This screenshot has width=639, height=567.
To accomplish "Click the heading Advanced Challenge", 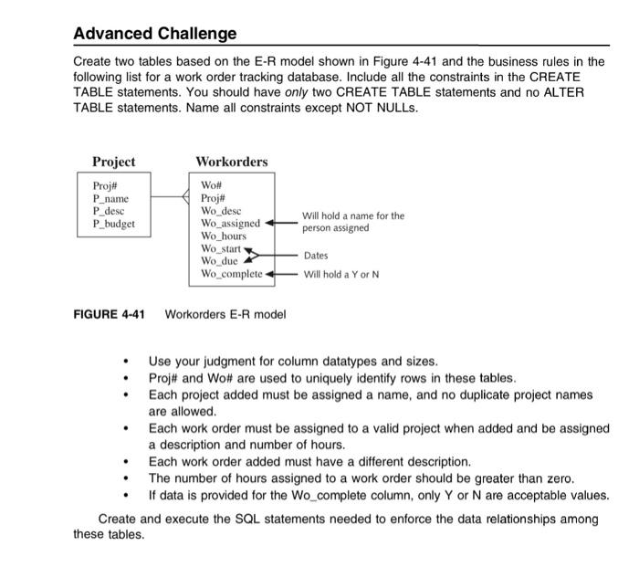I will pos(154,34).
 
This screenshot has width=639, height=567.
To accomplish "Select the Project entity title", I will pos(113,162).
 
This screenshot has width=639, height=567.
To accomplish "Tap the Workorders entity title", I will pos(232,162).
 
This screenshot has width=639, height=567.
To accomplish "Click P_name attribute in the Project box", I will pos(110,198).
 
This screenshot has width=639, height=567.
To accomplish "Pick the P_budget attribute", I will pos(114,223).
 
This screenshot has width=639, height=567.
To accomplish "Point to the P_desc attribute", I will pos(109,210).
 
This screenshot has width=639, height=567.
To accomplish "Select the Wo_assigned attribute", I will pos(230,223).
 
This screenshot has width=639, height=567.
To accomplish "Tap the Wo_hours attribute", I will pos(224,236).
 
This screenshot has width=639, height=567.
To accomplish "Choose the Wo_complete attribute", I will pos(231,273).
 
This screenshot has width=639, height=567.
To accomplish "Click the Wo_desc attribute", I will pos(222,210).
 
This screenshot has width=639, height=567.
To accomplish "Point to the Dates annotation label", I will pos(316,256).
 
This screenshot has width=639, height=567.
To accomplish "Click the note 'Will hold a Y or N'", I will pos(340,274).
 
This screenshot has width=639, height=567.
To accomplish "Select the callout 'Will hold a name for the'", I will pos(353,216).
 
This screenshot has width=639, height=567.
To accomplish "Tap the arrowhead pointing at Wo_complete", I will pos(269,273).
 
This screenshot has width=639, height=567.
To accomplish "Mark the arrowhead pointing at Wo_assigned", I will pos(268,223).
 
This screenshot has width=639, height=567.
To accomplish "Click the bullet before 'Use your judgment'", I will pos(124,362).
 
